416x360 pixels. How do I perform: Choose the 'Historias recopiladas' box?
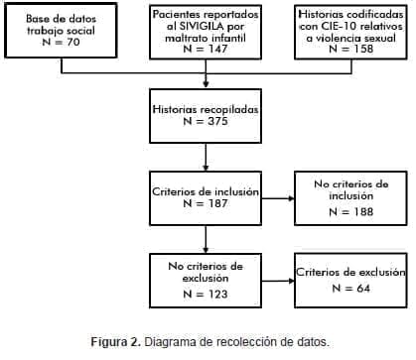[x=205, y=116]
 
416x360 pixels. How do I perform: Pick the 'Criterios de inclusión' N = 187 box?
[x=205, y=195]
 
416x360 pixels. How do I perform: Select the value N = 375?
[x=206, y=123]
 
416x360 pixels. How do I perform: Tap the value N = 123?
[x=205, y=294]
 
